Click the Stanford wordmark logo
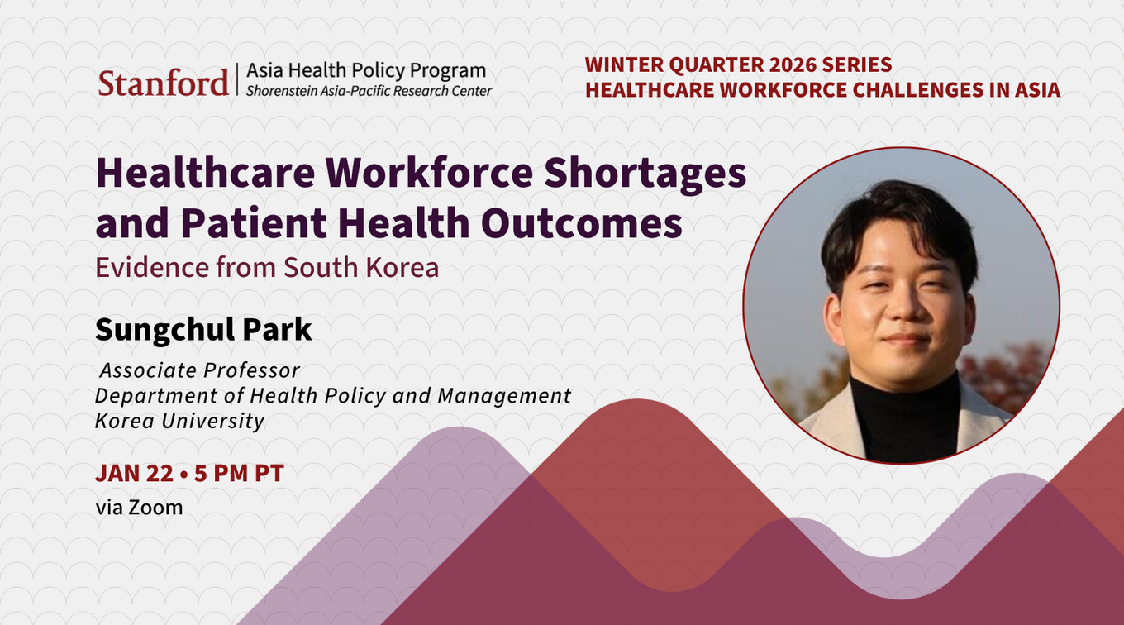coord(163,83)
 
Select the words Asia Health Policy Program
coord(366,71)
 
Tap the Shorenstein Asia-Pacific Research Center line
coord(369,91)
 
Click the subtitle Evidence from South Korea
coord(267,267)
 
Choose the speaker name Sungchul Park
coord(203,330)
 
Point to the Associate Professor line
coord(200,371)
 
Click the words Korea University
coord(179,421)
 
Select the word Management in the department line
coord(504,396)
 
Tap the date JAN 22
coord(134,474)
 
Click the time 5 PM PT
coord(239,474)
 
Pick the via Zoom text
coord(139,508)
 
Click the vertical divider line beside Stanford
coord(237,79)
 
